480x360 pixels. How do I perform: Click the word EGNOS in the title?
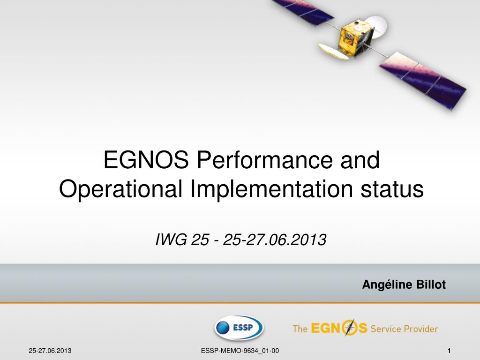click(x=146, y=160)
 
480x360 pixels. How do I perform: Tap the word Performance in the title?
click(x=264, y=160)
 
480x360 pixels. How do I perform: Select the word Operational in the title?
click(x=120, y=189)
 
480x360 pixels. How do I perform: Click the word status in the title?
click(x=392, y=189)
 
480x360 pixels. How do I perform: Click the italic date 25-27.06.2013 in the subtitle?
click(x=275, y=240)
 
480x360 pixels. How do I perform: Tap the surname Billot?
click(x=430, y=285)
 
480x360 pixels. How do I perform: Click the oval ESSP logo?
click(x=239, y=328)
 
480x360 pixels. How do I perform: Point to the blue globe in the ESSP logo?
click(x=223, y=328)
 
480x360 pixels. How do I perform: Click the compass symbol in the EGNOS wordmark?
click(x=349, y=328)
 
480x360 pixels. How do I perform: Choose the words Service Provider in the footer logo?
click(x=405, y=329)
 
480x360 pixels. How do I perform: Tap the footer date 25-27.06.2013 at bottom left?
click(x=50, y=351)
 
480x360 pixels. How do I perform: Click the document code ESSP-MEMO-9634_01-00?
click(x=240, y=351)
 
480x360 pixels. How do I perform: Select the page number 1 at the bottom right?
click(x=449, y=351)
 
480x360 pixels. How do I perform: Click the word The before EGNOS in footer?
click(x=300, y=329)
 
